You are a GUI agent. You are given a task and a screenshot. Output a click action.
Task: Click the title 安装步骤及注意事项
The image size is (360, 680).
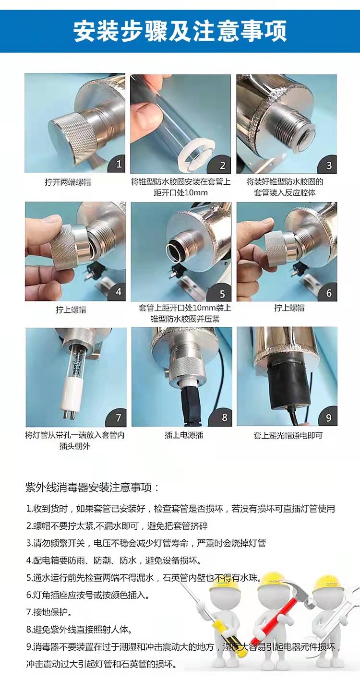pyautogui.click(x=180, y=31)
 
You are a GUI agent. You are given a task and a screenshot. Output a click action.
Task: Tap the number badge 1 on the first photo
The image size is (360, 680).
pyautogui.click(x=119, y=164)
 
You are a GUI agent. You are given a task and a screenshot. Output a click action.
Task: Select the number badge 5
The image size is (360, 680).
pyautogui.click(x=222, y=293)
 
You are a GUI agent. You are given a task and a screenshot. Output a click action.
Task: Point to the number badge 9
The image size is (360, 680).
pyautogui.click(x=328, y=418)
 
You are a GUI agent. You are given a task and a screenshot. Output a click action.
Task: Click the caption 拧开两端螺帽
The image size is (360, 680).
pyautogui.click(x=68, y=182)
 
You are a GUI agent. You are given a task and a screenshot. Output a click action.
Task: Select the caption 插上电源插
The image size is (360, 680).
pyautogui.click(x=184, y=435)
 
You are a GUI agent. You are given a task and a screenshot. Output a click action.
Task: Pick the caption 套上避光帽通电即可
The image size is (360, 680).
pyautogui.click(x=288, y=435)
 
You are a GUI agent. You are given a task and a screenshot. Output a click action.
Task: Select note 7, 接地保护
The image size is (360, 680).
pyautogui.click(x=49, y=612)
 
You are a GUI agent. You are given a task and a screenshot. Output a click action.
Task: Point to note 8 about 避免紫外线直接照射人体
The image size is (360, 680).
pyautogui.click(x=79, y=630)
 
